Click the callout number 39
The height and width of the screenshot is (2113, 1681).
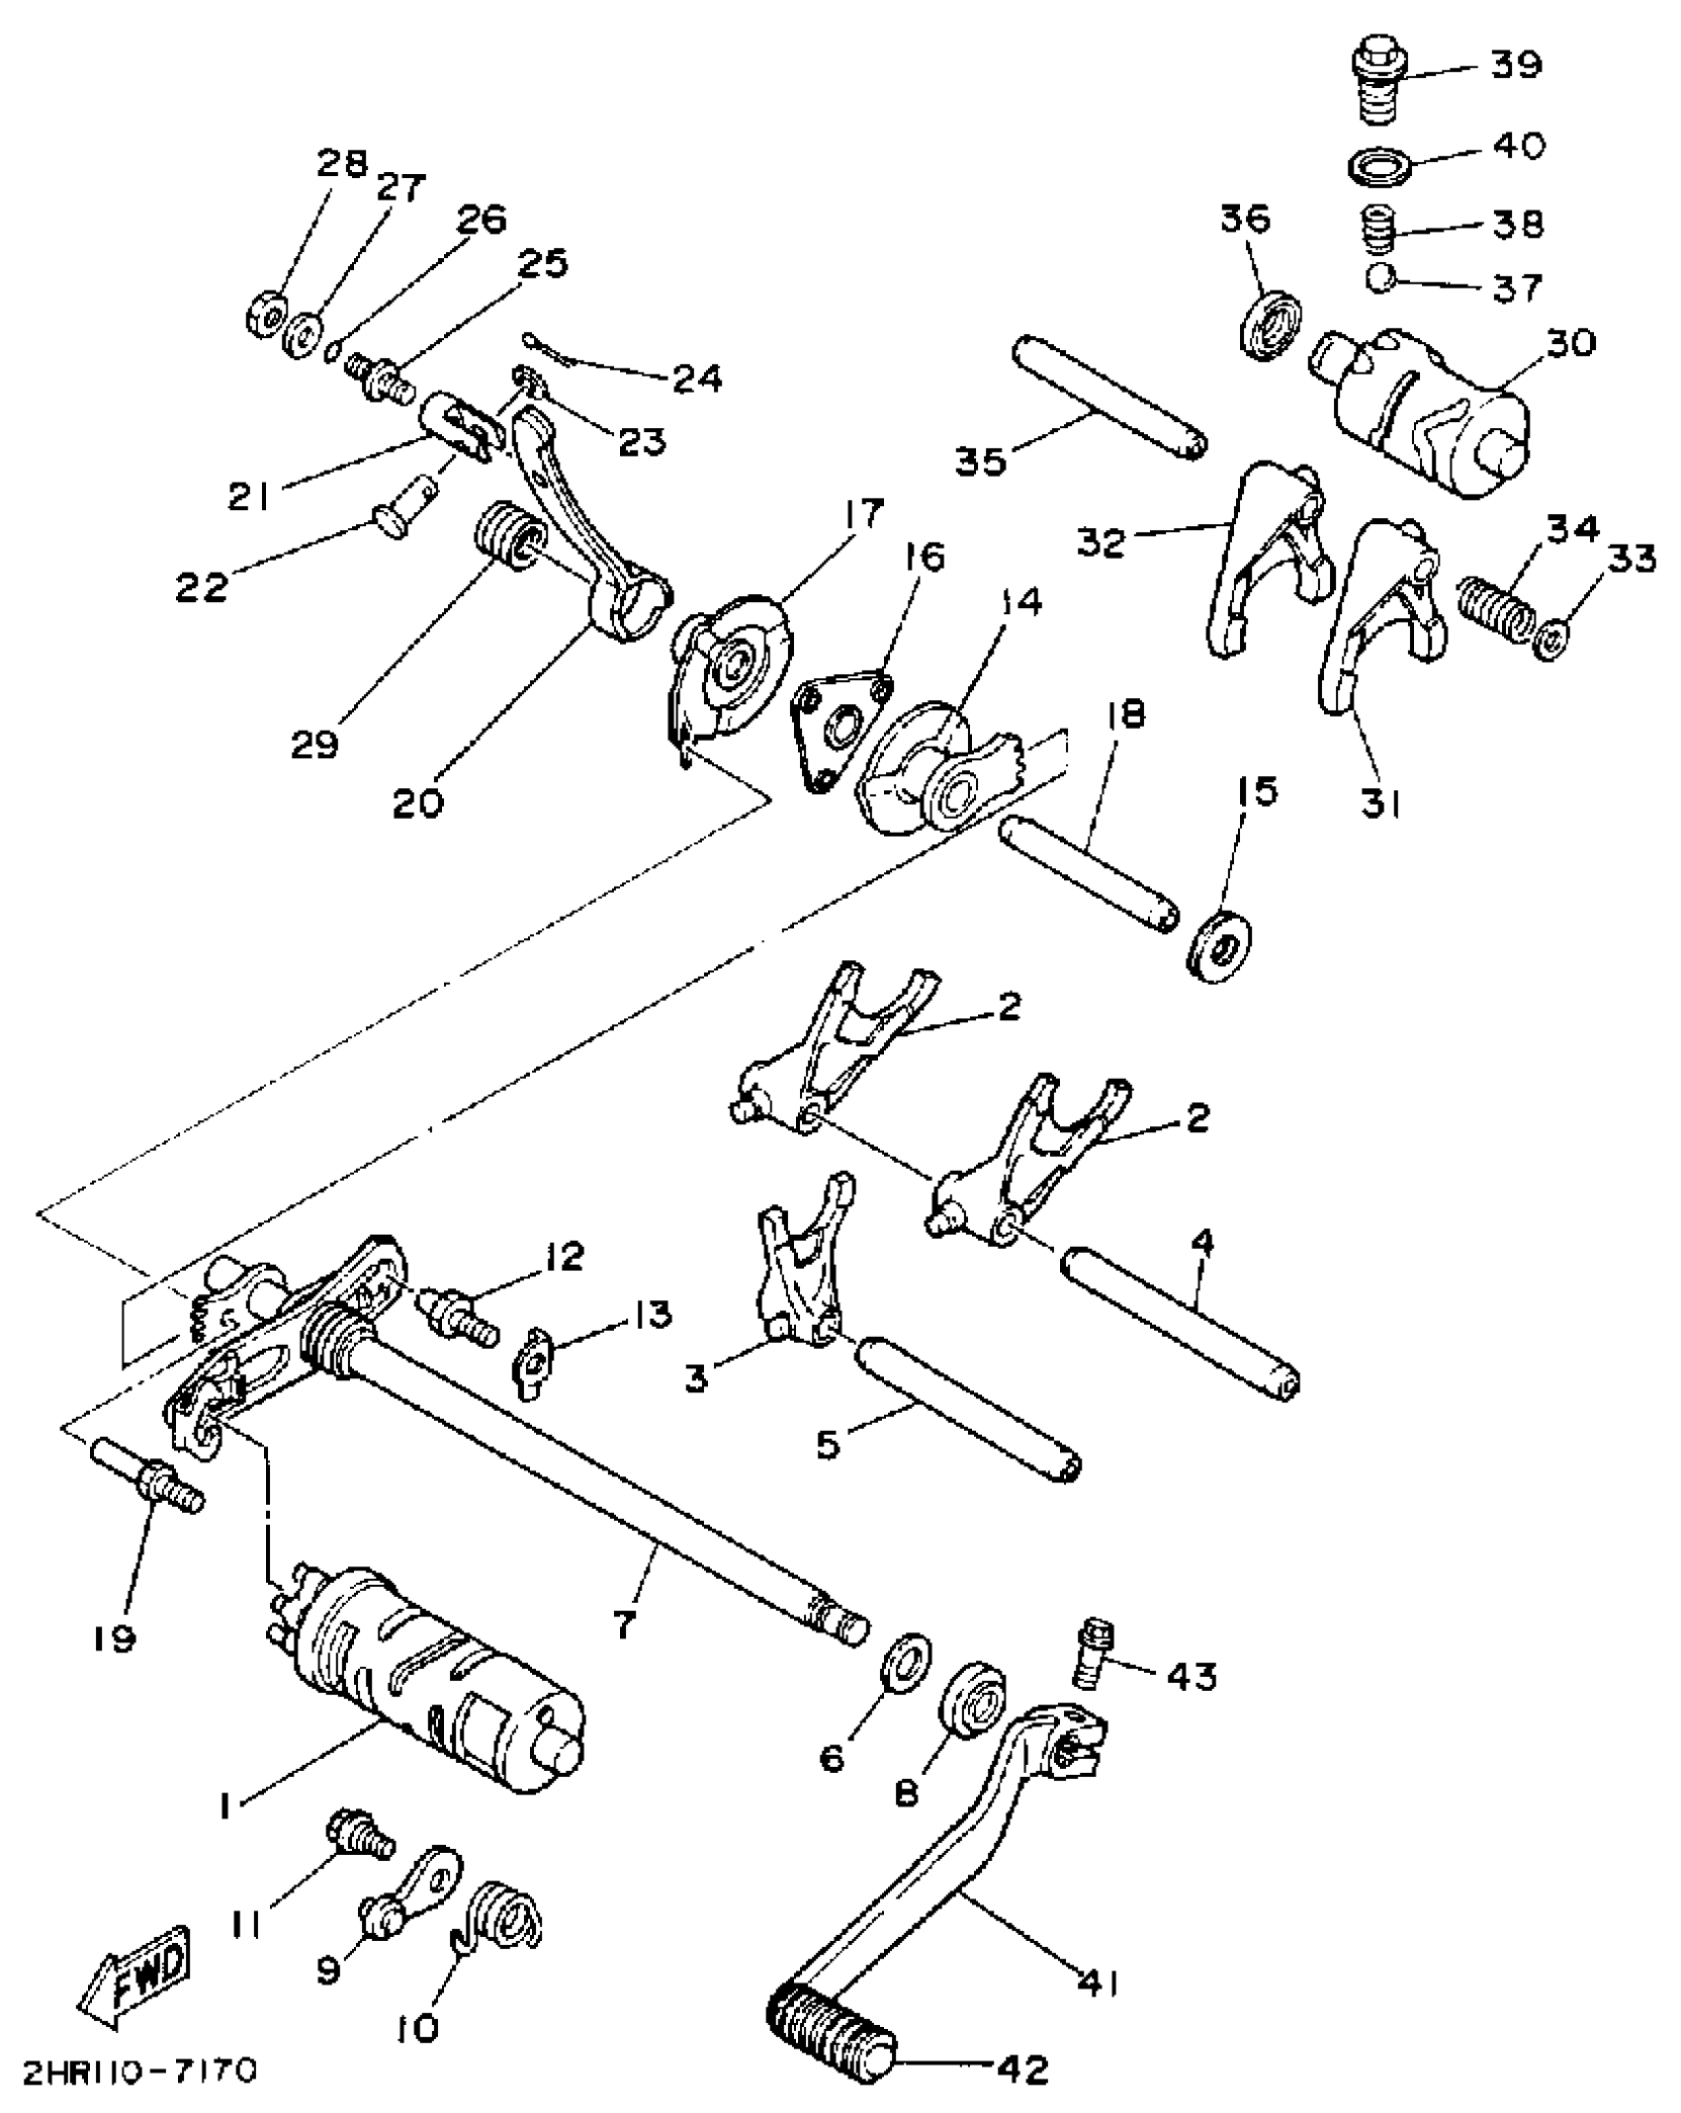(x=1514, y=65)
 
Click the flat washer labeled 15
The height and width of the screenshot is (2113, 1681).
(x=1219, y=946)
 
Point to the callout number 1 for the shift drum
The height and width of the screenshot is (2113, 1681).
(x=226, y=1806)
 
